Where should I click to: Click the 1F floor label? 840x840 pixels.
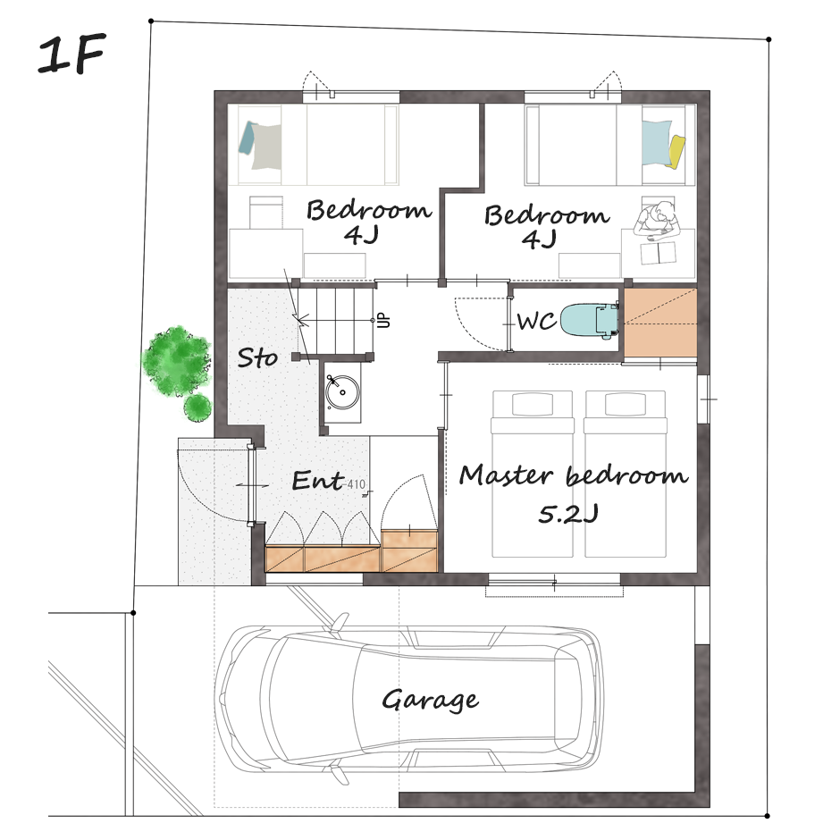(71, 55)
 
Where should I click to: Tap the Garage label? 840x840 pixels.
(430, 701)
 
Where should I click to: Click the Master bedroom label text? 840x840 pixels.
(573, 475)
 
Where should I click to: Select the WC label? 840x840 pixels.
(536, 322)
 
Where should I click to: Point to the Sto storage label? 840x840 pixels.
(257, 357)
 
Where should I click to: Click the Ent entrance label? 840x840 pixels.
(318, 480)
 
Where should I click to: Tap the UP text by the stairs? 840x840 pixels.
(383, 320)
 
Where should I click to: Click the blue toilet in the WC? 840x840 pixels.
(589, 321)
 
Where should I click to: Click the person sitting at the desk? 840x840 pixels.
(657, 220)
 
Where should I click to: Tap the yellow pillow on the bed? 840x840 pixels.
(676, 151)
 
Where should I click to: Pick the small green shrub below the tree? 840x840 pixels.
(197, 407)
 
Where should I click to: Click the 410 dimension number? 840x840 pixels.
(357, 484)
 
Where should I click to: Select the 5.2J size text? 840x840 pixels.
(568, 515)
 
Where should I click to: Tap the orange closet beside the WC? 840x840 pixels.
(660, 322)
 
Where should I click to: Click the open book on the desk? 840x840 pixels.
(659, 253)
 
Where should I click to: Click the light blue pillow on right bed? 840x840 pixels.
(656, 142)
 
